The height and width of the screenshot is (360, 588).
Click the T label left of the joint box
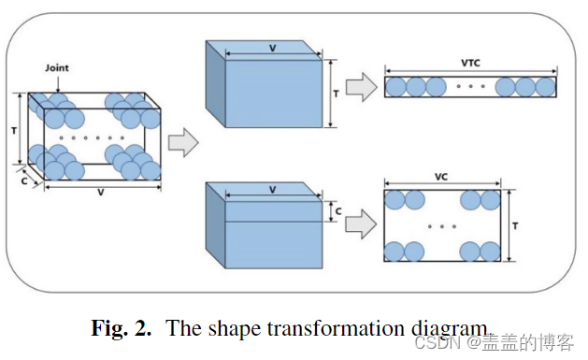click(13, 131)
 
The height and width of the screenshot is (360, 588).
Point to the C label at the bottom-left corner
click(23, 183)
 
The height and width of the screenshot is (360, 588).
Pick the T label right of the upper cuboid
click(337, 94)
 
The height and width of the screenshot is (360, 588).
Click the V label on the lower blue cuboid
click(273, 189)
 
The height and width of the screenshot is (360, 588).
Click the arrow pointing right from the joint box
click(183, 143)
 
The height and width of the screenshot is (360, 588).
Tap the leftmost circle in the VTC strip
click(395, 87)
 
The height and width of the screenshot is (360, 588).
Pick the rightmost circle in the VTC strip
click(547, 87)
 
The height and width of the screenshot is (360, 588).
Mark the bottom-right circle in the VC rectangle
click(493, 252)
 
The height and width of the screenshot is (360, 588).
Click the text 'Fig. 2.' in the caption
click(122, 328)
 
